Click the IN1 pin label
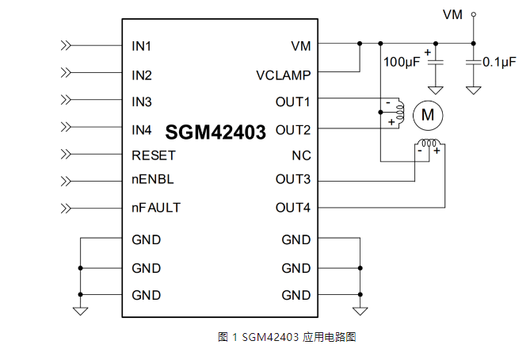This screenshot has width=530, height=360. pyautogui.click(x=142, y=46)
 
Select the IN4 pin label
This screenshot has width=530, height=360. pyautogui.click(x=142, y=129)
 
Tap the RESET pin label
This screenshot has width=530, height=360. pyautogui.click(x=154, y=155)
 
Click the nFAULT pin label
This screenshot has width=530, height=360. pyautogui.click(x=156, y=208)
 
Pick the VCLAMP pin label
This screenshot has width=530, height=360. pyautogui.click(x=283, y=75)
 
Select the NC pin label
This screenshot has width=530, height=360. pyautogui.click(x=301, y=155)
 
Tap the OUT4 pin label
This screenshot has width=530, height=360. pyautogui.click(x=293, y=208)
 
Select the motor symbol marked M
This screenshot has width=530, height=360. pyautogui.click(x=428, y=115)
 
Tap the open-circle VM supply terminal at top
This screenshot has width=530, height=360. pyautogui.click(x=474, y=13)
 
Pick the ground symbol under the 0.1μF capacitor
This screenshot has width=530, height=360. pyautogui.click(x=474, y=90)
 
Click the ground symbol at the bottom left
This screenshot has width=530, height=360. pyautogui.click(x=80, y=311)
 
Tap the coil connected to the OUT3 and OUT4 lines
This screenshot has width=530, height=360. pyautogui.click(x=429, y=145)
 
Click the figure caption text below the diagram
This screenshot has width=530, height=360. pyautogui.click(x=287, y=337)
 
